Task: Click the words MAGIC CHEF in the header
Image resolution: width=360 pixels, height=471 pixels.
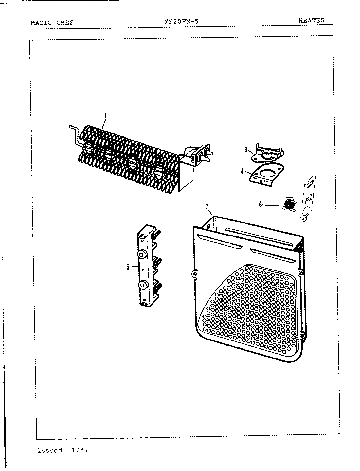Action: [x=52, y=23]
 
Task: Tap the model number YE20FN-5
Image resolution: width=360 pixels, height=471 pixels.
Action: [x=181, y=22]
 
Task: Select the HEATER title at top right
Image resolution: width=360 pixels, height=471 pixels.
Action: [x=311, y=20]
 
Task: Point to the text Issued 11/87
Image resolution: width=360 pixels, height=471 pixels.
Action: [x=63, y=450]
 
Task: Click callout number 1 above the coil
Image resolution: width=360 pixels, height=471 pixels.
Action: [x=106, y=115]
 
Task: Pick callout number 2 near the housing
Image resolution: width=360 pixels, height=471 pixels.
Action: [x=207, y=206]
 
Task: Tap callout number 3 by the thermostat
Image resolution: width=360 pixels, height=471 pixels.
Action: [x=246, y=150]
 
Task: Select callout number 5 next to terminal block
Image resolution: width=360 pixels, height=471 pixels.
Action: [x=128, y=267]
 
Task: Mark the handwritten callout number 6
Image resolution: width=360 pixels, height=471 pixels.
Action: [x=261, y=204]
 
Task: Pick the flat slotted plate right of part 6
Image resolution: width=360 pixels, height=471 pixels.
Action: [x=308, y=198]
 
